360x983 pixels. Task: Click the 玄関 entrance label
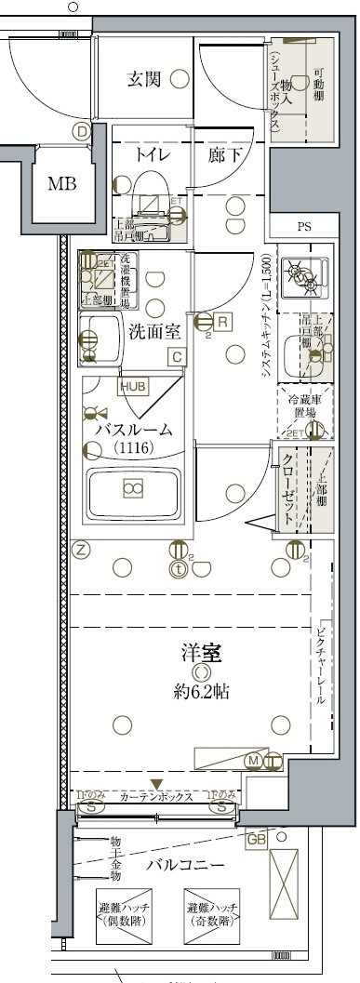click(143, 80)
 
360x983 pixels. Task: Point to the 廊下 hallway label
click(226, 154)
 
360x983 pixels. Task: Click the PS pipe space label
click(304, 227)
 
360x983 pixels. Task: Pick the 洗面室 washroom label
click(153, 329)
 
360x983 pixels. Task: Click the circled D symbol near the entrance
click(83, 132)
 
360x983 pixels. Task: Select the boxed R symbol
click(223, 322)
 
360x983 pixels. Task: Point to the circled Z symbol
click(83, 550)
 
